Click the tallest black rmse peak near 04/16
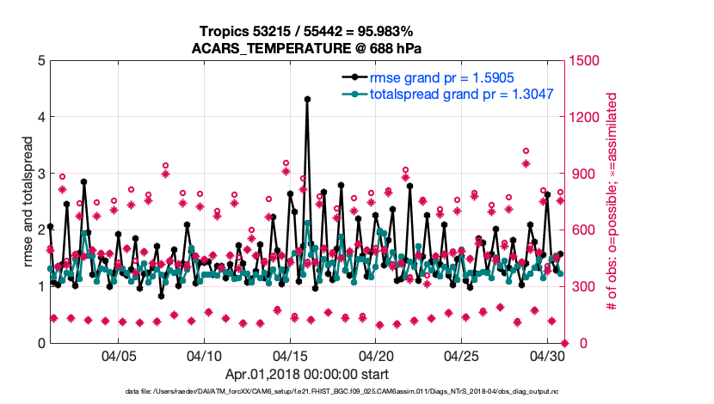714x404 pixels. [x=307, y=99]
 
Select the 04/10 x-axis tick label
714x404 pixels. [x=205, y=356]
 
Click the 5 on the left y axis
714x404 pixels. [x=40, y=61]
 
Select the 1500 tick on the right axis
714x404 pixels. [x=582, y=61]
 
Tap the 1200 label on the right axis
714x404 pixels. [x=582, y=117]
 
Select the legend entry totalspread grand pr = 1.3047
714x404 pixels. [x=461, y=93]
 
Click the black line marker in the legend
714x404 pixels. [x=351, y=77]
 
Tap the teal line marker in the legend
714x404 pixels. [x=351, y=93]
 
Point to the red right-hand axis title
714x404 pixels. [x=612, y=201]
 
